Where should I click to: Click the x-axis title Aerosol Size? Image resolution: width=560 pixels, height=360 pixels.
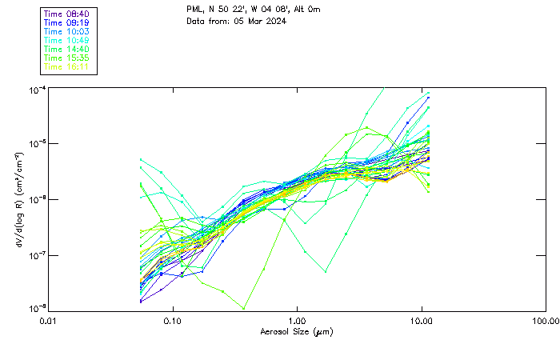[x=297, y=331]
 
